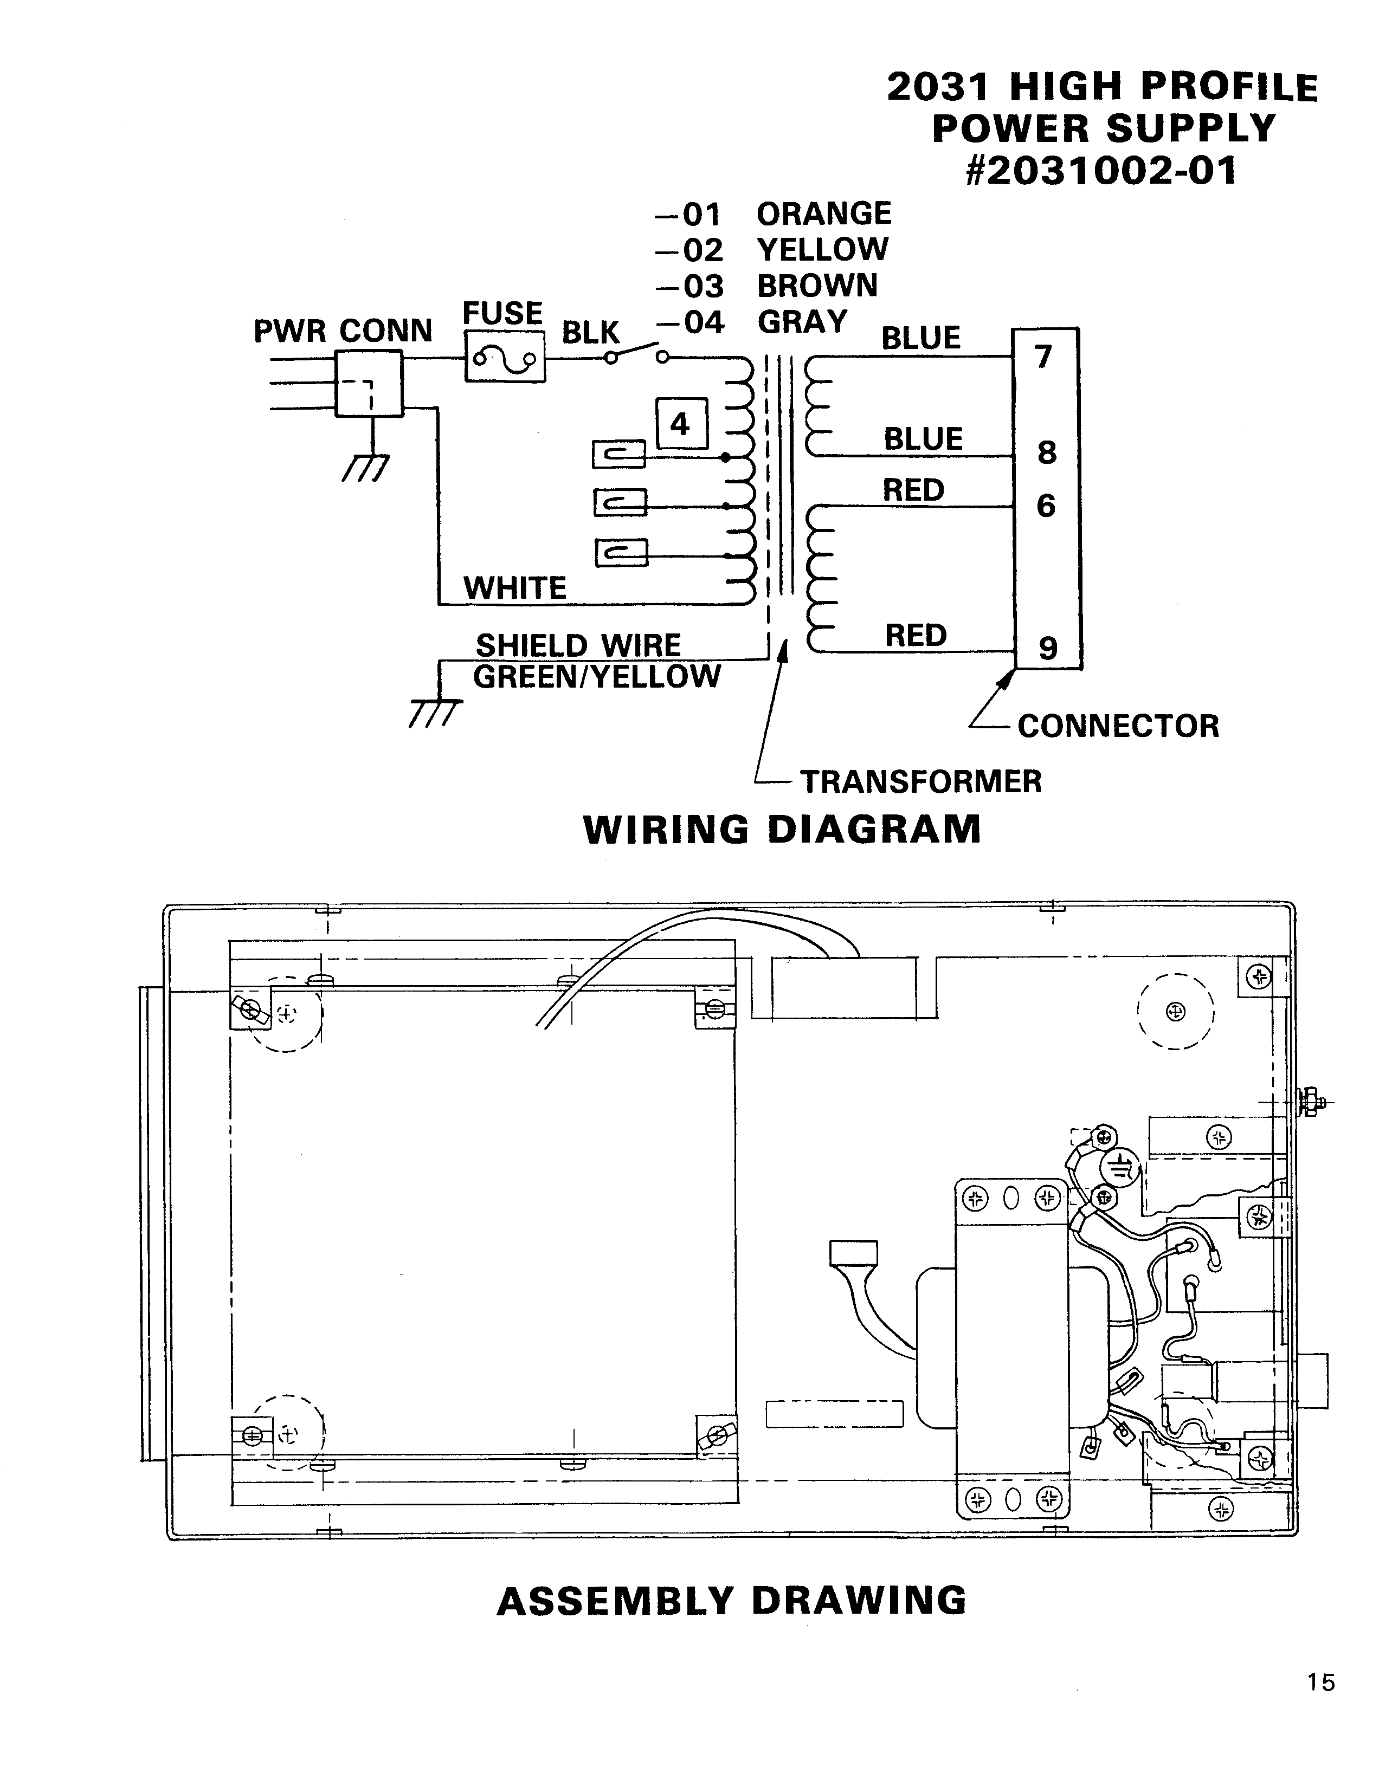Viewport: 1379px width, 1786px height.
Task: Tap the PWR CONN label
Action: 343,331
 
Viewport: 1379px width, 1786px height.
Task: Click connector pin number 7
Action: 1043,358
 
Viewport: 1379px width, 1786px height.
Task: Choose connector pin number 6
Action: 1046,506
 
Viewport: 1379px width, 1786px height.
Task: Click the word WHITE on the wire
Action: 514,588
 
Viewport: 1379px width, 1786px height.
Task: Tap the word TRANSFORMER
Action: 921,782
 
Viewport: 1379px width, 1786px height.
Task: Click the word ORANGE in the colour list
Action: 823,213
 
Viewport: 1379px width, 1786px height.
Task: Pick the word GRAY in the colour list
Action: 802,322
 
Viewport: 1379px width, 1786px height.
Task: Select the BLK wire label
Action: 590,333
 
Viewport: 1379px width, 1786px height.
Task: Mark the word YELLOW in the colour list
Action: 822,249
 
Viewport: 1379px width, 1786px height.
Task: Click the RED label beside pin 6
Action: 913,490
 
